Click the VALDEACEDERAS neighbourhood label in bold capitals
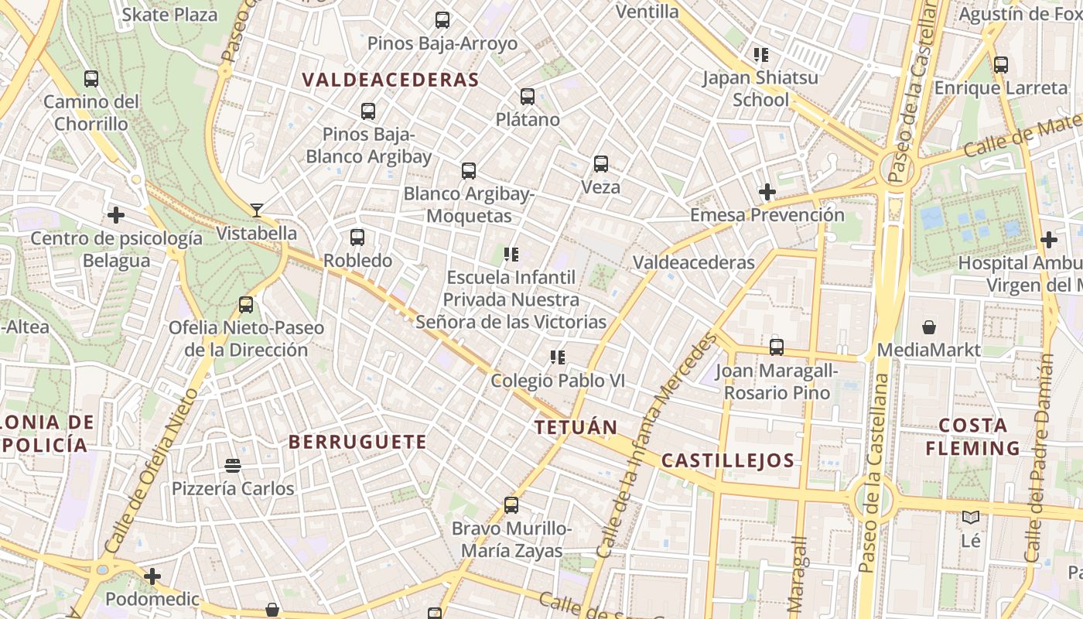[391, 80]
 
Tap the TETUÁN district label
[576, 427]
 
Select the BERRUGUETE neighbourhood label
[357, 442]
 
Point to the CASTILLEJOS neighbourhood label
[727, 461]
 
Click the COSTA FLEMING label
[973, 436]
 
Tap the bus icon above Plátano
[528, 97]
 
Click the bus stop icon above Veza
[601, 164]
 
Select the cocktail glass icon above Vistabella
[257, 210]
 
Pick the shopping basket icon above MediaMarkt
[929, 327]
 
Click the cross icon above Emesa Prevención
[767, 191]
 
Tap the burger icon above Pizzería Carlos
[233, 466]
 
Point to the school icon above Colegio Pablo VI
[557, 357]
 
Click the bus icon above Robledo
[357, 238]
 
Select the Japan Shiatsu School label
[760, 88]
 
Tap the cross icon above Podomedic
[152, 576]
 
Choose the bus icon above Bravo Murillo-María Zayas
[511, 505]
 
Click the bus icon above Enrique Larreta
[1001, 65]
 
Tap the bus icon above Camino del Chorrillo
[91, 79]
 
